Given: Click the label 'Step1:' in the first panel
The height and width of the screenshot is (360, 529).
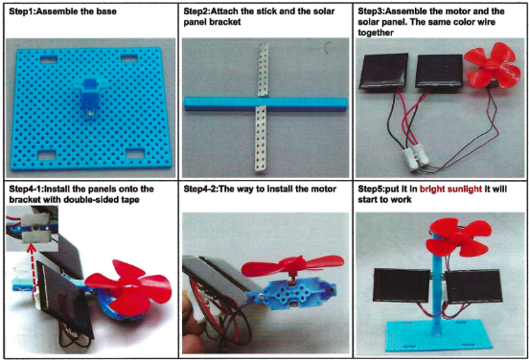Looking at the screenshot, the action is click(22, 11).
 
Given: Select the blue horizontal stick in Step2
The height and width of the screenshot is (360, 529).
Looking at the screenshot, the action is click(265, 103).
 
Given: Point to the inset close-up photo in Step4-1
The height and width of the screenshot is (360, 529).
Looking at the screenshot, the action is click(33, 229).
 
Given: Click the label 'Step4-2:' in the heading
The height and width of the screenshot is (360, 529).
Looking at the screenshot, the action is click(200, 189).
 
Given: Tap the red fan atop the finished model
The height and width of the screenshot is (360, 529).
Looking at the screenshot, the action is click(457, 238).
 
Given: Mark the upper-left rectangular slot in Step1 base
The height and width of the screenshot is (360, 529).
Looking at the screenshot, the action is click(49, 59).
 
